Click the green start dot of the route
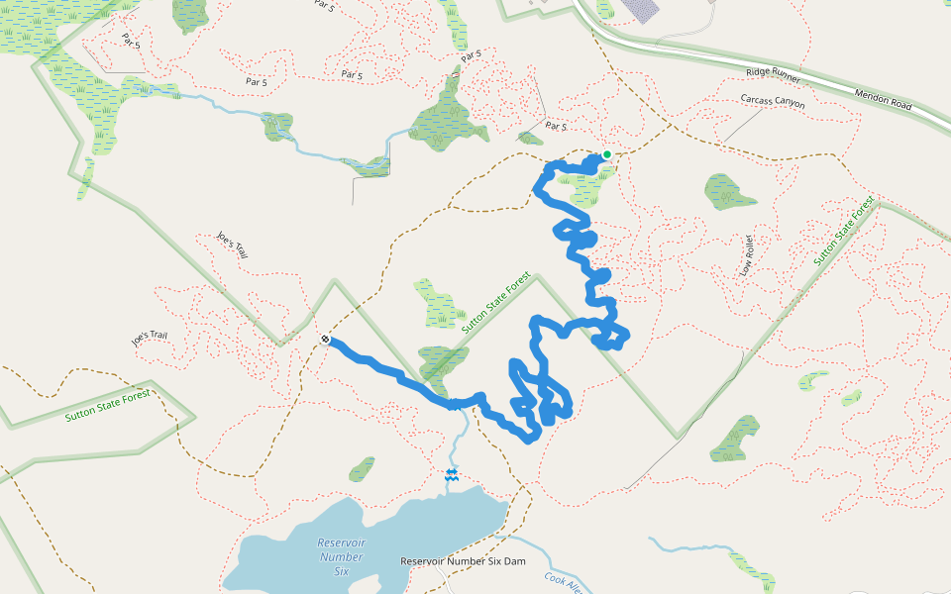coord(607,154)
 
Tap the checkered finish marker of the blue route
coord(325,340)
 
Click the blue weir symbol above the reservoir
coord(452,475)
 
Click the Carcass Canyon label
coord(773,101)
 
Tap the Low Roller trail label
coord(747,255)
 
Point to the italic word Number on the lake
coord(342,556)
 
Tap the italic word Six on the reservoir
coord(342,571)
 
